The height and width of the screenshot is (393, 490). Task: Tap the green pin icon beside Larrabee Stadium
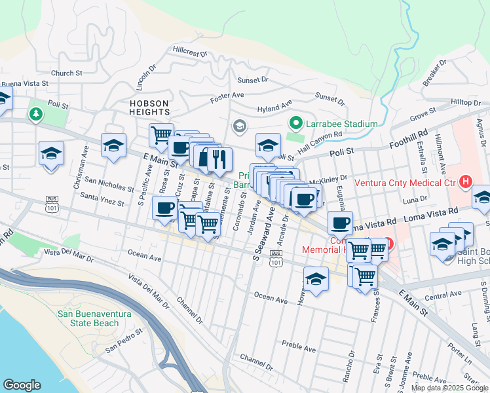pyautogui.click(x=295, y=123)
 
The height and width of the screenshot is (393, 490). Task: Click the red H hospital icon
pyautogui.click(x=465, y=181)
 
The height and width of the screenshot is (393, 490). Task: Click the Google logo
pyautogui.click(x=22, y=385)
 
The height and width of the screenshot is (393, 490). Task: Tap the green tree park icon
pyautogui.click(x=34, y=115)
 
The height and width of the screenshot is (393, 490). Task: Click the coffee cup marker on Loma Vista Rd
pyautogui.click(x=340, y=223)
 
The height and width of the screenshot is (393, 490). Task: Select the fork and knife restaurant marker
pyautogui.click(x=219, y=158)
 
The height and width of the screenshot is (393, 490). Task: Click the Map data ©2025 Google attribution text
pyautogui.click(x=449, y=388)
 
